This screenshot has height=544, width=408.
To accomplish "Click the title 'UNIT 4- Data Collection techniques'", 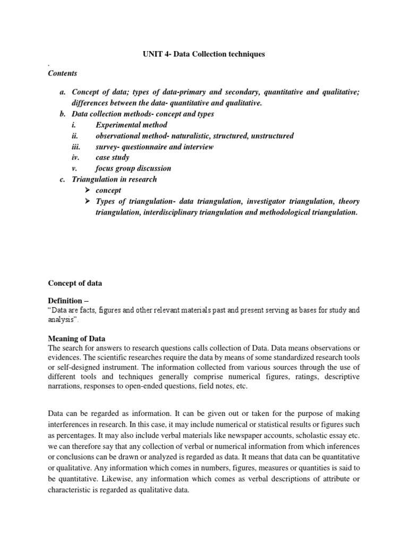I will point(203,55).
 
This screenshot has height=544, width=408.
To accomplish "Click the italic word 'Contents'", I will point(63,73).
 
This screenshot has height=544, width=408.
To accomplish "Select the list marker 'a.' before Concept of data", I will point(62,92).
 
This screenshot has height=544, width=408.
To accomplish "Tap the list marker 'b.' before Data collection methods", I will point(62,114).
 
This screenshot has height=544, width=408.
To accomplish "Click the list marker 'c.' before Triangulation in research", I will point(62,179).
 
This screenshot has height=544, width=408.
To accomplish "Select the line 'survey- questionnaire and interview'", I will point(155,147).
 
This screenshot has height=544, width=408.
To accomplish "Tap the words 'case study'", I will point(112,158).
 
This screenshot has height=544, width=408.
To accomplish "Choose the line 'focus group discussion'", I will point(133,168).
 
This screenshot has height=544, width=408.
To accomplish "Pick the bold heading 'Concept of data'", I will point(75,283).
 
